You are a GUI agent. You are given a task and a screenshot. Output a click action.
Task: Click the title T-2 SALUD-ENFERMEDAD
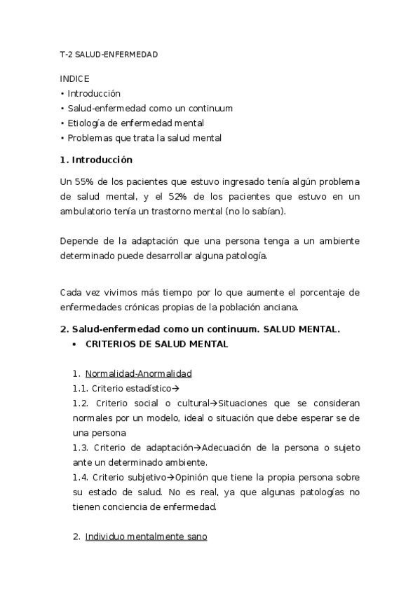[109, 54]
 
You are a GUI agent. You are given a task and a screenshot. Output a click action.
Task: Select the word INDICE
[75, 78]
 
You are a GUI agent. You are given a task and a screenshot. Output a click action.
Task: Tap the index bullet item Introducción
[94, 93]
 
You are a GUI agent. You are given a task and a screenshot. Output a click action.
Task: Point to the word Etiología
[88, 123]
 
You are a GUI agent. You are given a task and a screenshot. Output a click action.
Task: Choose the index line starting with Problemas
[141, 138]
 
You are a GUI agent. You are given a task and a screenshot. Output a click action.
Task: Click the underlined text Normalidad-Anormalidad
[138, 373]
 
